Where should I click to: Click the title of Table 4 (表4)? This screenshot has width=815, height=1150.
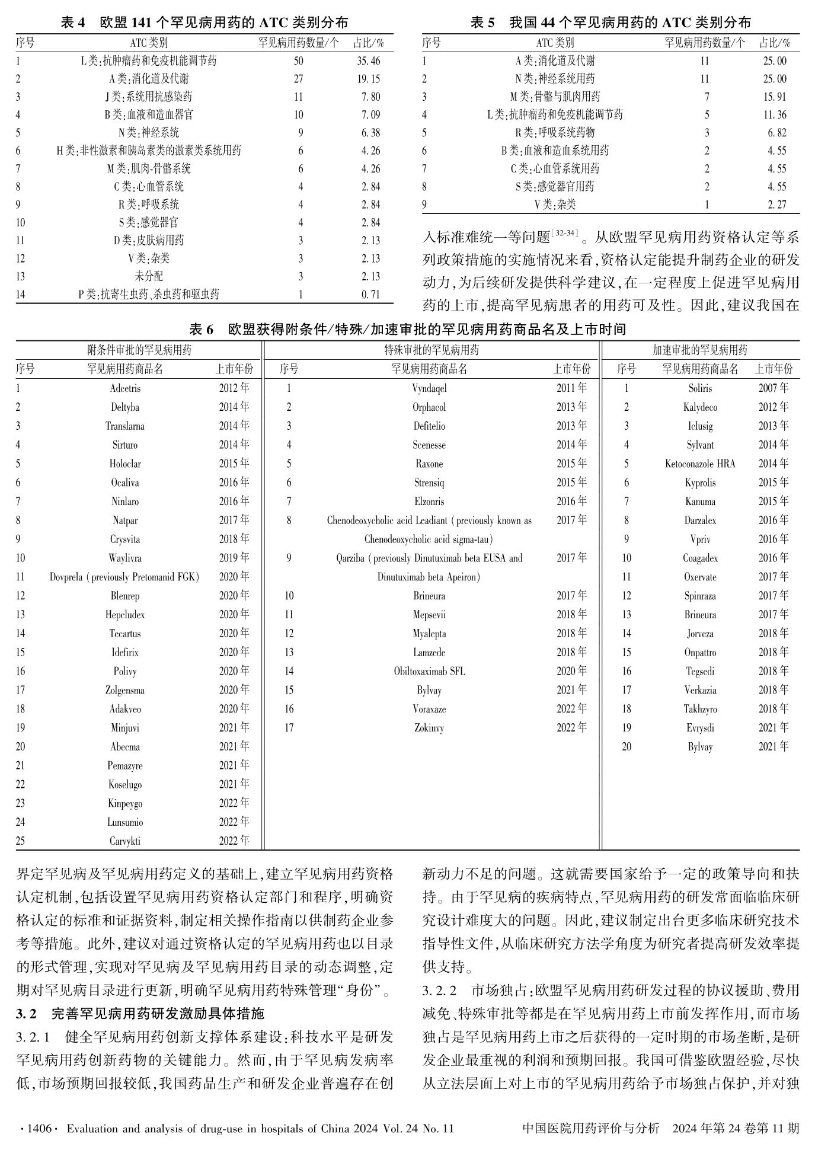pyautogui.click(x=204, y=23)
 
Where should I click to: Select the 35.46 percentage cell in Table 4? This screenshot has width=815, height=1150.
pyautogui.click(x=368, y=61)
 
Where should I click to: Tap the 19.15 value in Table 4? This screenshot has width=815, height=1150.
pyautogui.click(x=368, y=79)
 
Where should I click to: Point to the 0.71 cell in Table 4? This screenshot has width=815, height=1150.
pyautogui.click(x=370, y=295)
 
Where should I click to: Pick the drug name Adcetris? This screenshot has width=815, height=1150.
pyautogui.click(x=125, y=389)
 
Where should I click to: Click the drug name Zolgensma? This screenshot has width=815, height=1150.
pyautogui.click(x=125, y=691)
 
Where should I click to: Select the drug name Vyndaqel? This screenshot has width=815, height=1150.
pyautogui.click(x=429, y=389)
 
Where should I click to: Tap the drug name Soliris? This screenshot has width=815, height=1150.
pyautogui.click(x=700, y=389)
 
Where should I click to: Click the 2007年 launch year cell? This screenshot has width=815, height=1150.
pyautogui.click(x=774, y=388)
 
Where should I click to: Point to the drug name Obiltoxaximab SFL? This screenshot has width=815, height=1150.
pyautogui.click(x=429, y=672)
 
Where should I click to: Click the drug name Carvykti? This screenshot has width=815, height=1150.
pyautogui.click(x=125, y=841)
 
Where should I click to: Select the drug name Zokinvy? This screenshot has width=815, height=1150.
pyautogui.click(x=429, y=728)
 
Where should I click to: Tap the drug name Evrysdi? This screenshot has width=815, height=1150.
pyautogui.click(x=700, y=728)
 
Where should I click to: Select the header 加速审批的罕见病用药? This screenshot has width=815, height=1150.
pyautogui.click(x=700, y=350)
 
